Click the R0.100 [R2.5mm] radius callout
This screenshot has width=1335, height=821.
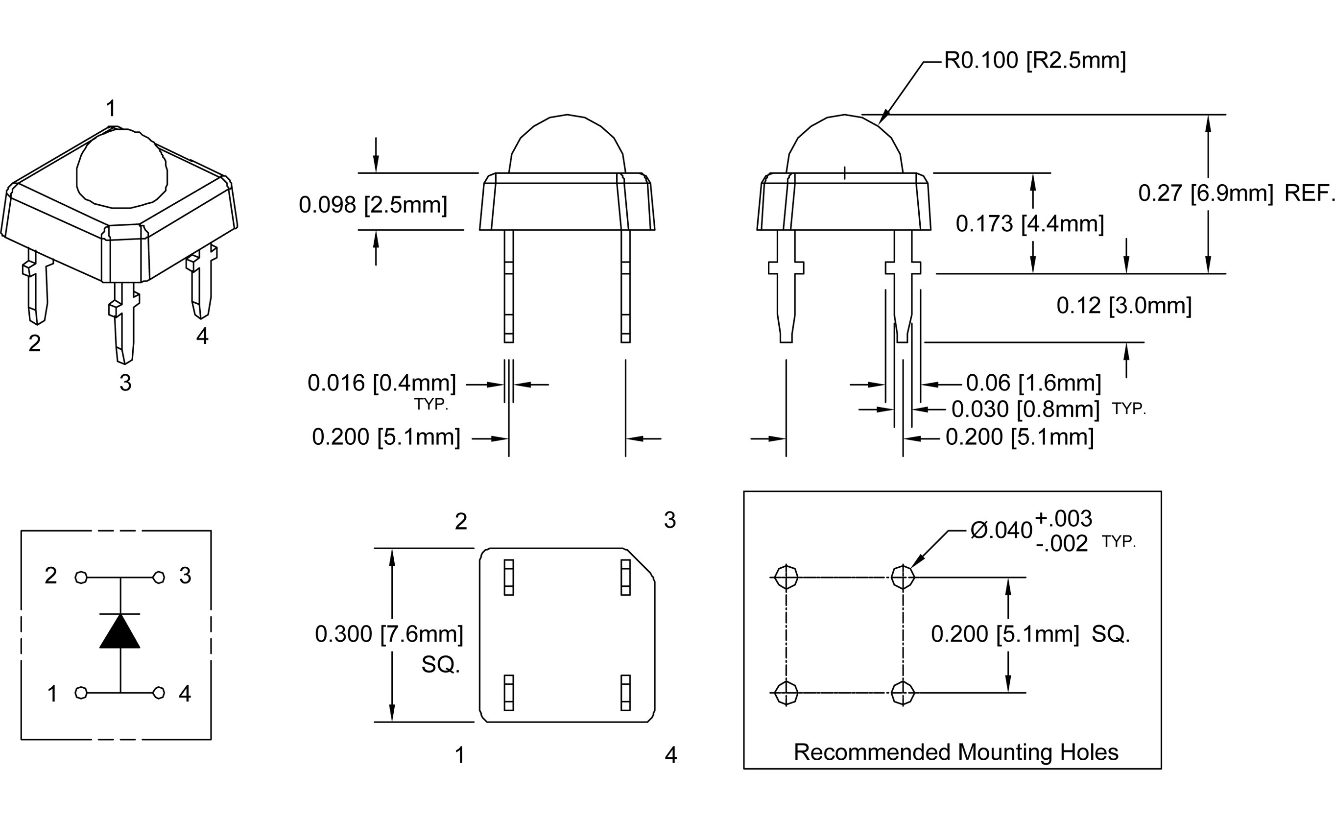coord(1034,60)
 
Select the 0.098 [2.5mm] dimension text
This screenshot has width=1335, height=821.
coord(373,205)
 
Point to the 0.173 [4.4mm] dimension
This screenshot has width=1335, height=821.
coord(1029,224)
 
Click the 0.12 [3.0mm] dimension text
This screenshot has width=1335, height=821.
coord(1123,306)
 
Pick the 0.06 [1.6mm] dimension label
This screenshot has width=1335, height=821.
coord(1033,384)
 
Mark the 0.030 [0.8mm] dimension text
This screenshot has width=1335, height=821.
coord(1025,410)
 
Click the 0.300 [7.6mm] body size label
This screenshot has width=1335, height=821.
coord(388,634)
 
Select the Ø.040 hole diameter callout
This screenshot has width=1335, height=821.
coord(1001,531)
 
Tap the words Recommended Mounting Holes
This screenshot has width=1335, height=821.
coord(955,752)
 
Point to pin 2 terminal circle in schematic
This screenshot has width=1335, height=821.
coord(81,577)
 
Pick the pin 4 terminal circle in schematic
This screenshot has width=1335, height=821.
coord(159,693)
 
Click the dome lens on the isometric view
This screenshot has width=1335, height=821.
coord(121,169)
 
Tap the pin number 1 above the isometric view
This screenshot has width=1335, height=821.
coord(111,109)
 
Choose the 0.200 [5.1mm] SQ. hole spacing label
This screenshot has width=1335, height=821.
coord(1030,634)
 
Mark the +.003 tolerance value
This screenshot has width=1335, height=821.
coord(1063,519)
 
